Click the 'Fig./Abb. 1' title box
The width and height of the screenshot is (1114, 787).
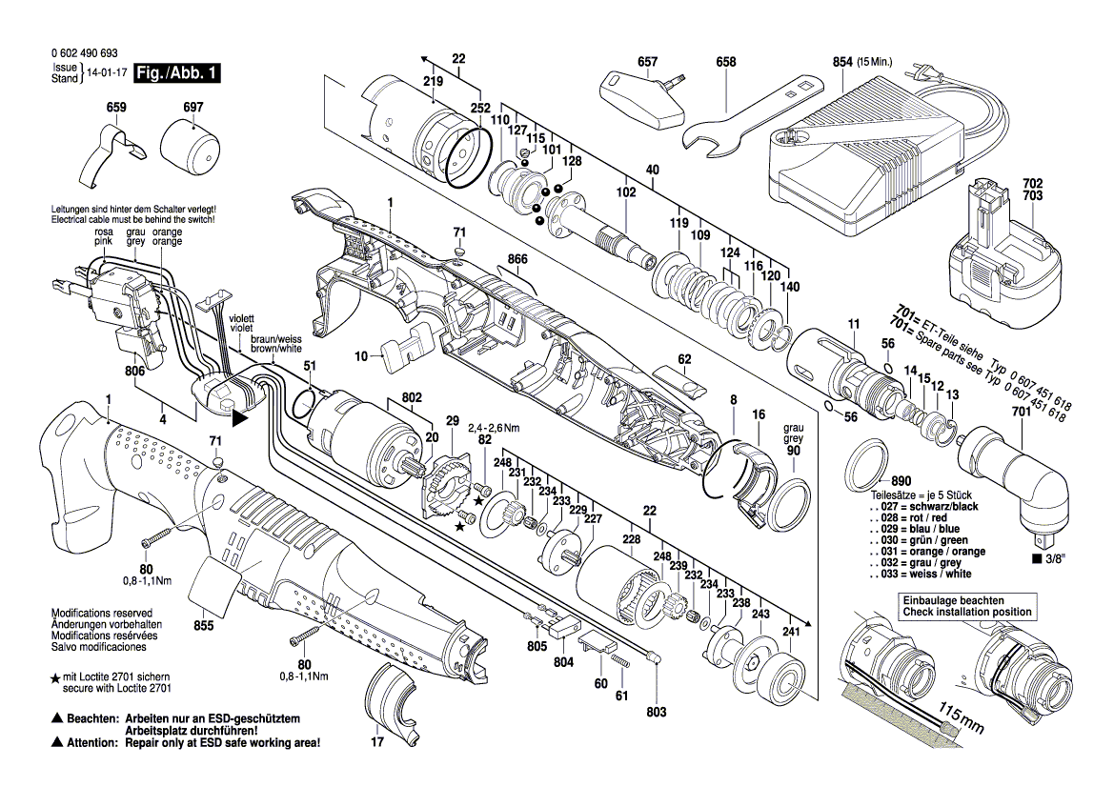point(177,73)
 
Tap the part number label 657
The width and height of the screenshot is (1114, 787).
point(647,63)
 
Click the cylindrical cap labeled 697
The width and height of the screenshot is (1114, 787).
point(189,151)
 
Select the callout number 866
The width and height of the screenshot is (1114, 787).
point(517,259)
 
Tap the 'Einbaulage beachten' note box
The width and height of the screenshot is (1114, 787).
point(967,606)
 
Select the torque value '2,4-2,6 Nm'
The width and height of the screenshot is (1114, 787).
point(494,428)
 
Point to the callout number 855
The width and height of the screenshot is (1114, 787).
point(204,626)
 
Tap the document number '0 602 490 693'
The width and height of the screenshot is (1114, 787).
point(85,53)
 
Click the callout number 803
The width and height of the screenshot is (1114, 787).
point(657,712)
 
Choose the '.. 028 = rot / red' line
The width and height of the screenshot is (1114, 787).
point(909,517)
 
